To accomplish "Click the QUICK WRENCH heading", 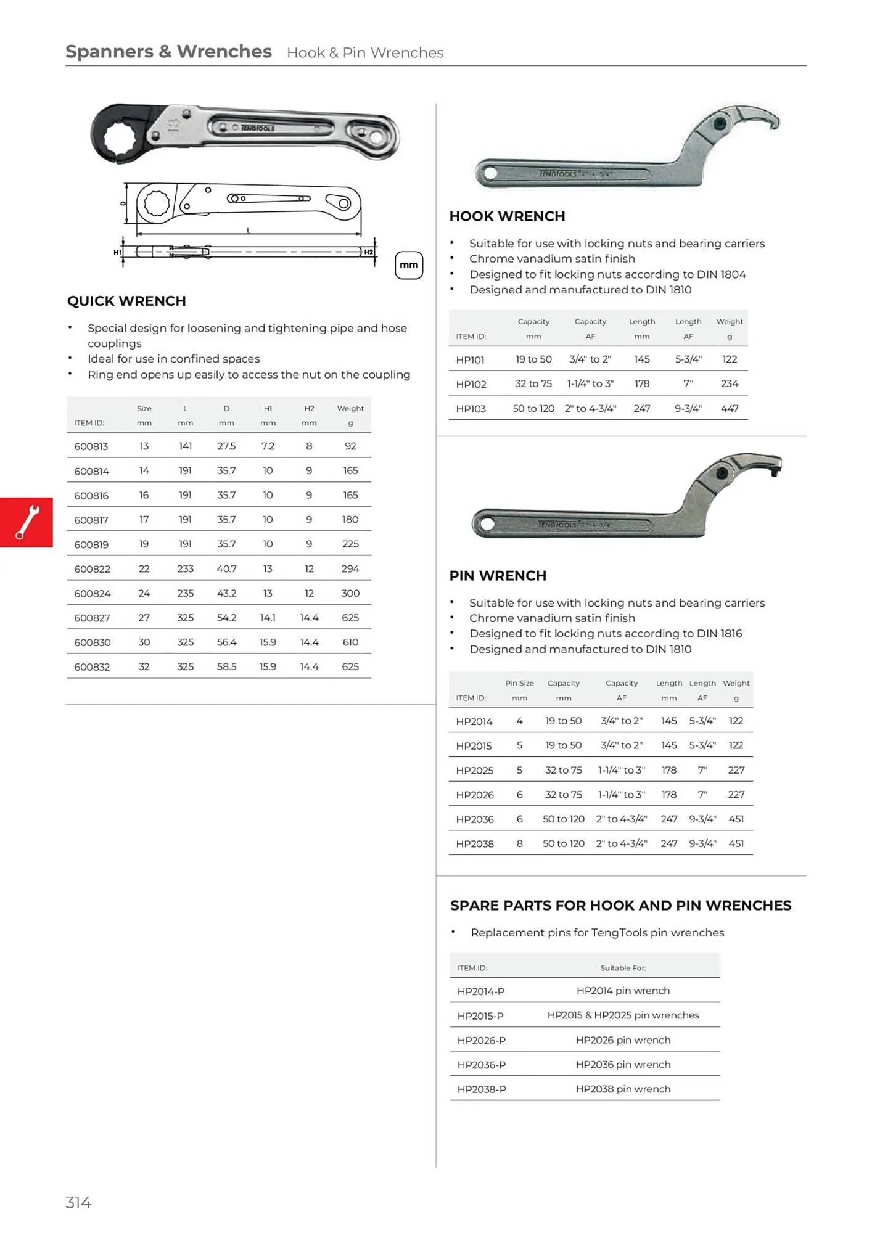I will pyautogui.click(x=126, y=301).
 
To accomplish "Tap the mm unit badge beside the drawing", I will pyautogui.click(x=409, y=265).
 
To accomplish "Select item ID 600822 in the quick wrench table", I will pyautogui.click(x=92, y=569).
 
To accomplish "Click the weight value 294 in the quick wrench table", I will pyautogui.click(x=350, y=568).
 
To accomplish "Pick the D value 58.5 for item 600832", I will pyautogui.click(x=226, y=666).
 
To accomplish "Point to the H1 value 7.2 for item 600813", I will pyautogui.click(x=268, y=446).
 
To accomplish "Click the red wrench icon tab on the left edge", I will pyautogui.click(x=27, y=522).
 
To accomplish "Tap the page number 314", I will pyautogui.click(x=78, y=1202).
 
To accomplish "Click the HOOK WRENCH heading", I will pyautogui.click(x=507, y=216).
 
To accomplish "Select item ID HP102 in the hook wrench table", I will pyautogui.click(x=471, y=384).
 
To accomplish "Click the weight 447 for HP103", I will pyautogui.click(x=730, y=408).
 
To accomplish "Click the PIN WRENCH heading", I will pyautogui.click(x=498, y=576).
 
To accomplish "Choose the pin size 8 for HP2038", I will pyautogui.click(x=519, y=843).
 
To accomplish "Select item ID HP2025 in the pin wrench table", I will pyautogui.click(x=474, y=770).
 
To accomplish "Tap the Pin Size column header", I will pyautogui.click(x=519, y=683).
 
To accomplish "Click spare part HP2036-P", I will pyautogui.click(x=481, y=1065).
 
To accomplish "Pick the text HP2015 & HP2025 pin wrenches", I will pyautogui.click(x=623, y=1015).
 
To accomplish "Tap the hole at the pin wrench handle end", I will pyautogui.click(x=488, y=524).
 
